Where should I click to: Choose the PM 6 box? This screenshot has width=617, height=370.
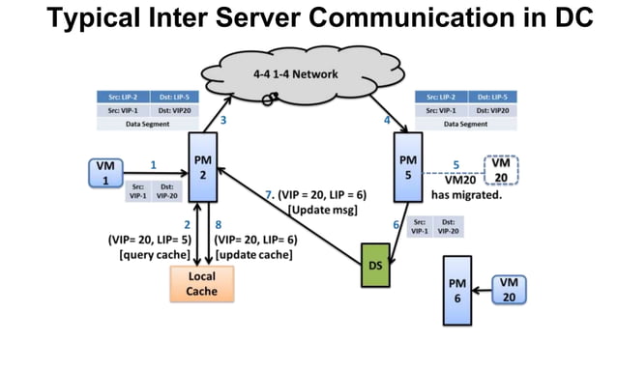point(457,290)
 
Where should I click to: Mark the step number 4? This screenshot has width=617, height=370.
point(387,121)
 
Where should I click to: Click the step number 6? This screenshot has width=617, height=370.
point(396,224)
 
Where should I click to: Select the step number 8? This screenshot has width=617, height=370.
point(219,223)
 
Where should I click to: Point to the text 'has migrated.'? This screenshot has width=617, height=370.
point(471,193)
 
